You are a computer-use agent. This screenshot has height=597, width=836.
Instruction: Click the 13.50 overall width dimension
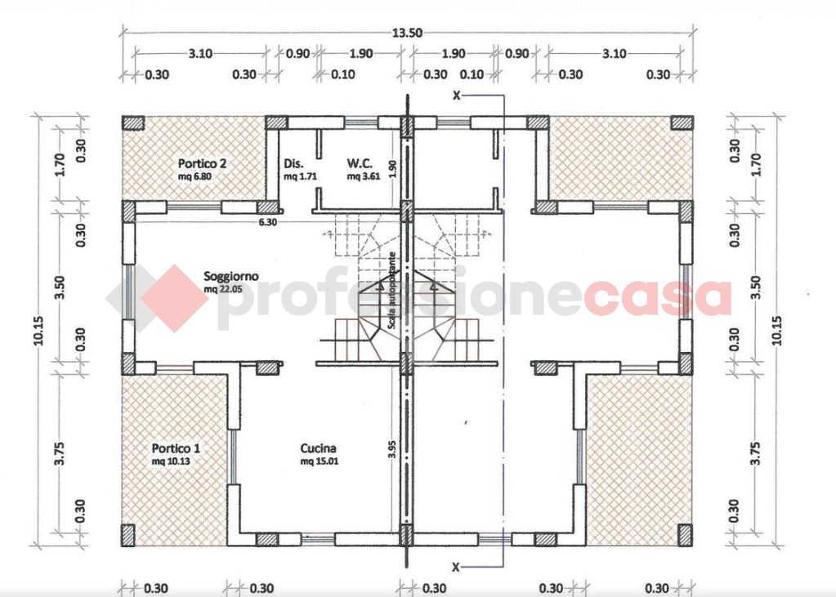(409, 33)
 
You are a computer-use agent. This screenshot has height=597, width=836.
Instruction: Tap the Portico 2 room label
(202, 163)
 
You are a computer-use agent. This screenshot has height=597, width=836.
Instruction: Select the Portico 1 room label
(176, 448)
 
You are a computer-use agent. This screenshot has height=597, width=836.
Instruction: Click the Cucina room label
(319, 448)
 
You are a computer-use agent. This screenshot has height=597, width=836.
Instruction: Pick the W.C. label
(360, 163)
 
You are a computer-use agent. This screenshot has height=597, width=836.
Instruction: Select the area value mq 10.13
(176, 461)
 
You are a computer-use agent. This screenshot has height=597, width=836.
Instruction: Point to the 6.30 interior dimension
(267, 221)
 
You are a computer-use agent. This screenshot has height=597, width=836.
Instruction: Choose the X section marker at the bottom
(457, 566)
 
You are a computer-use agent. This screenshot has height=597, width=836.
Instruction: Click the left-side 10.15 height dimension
(38, 331)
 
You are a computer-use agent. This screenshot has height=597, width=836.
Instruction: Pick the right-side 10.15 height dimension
(776, 331)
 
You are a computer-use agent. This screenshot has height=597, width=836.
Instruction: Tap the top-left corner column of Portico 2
(132, 123)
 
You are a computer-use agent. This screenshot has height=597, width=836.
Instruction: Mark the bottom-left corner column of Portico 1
(129, 536)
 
